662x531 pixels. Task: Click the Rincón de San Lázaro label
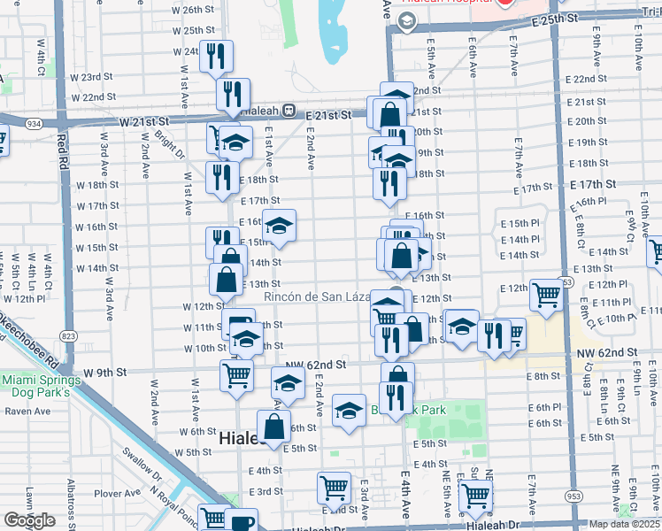(x=317, y=297)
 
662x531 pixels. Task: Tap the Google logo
(x=29, y=520)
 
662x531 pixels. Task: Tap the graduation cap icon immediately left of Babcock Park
(x=350, y=411)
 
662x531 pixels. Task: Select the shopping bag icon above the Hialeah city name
(x=274, y=427)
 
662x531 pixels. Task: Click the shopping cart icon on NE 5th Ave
(x=476, y=496)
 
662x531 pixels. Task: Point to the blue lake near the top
(x=334, y=31)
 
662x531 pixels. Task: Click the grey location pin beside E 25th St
(x=407, y=22)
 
